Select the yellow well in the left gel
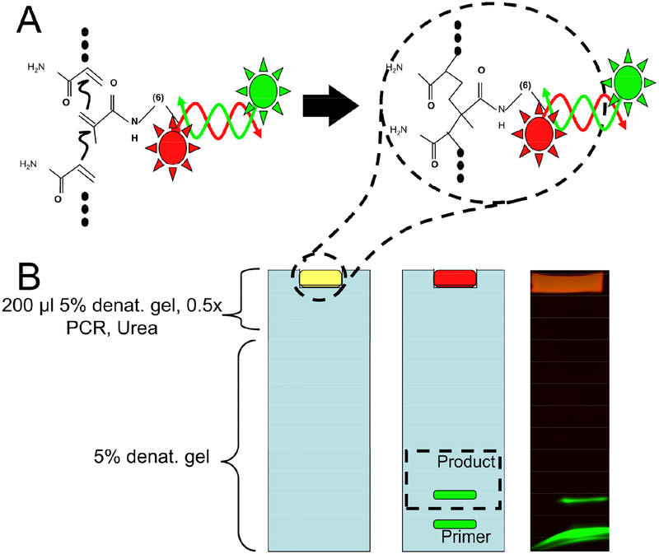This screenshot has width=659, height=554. [320, 278]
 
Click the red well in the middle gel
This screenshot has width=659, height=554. [454, 278]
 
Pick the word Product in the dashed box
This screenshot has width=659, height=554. [467, 462]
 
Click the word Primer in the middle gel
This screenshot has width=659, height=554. [467, 537]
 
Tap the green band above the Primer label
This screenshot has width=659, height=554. [454, 523]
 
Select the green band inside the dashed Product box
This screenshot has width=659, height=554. [454, 495]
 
